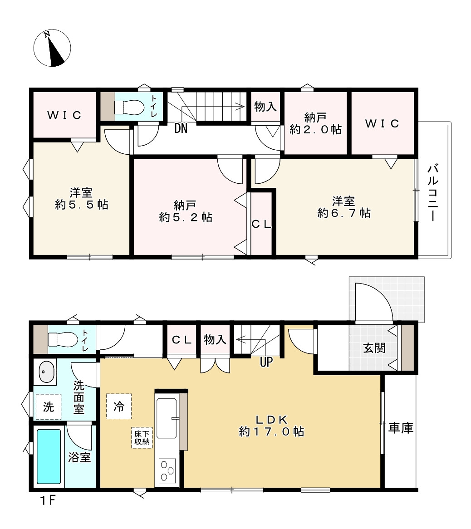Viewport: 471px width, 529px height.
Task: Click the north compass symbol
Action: pyautogui.click(x=52, y=48)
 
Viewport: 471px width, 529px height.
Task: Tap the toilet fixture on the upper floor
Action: pyautogui.click(x=125, y=107)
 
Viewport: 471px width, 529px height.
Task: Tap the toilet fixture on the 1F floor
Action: pyautogui.click(x=59, y=339)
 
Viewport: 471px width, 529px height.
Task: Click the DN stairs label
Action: pyautogui.click(x=181, y=129)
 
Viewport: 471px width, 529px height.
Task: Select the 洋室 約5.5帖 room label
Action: pyautogui.click(x=82, y=198)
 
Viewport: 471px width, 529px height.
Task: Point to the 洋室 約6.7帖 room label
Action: pyautogui.click(x=343, y=206)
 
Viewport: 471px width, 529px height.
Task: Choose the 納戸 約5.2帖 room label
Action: pyautogui.click(x=186, y=211)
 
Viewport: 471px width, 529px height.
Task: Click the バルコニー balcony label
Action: pyautogui.click(x=434, y=193)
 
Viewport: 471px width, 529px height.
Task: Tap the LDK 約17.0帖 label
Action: pyautogui.click(x=271, y=425)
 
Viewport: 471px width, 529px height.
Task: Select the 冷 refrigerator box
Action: pyautogui.click(x=119, y=406)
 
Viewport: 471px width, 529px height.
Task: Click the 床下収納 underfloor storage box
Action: pyautogui.click(x=142, y=438)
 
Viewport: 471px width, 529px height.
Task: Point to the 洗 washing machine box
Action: pyautogui.click(x=48, y=407)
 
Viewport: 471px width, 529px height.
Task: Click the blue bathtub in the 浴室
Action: pyautogui.click(x=49, y=456)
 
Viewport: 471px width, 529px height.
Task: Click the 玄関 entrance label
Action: pyautogui.click(x=374, y=348)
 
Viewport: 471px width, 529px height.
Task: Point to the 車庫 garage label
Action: pyautogui.click(x=401, y=428)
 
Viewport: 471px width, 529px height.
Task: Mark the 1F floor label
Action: pyautogui.click(x=46, y=501)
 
